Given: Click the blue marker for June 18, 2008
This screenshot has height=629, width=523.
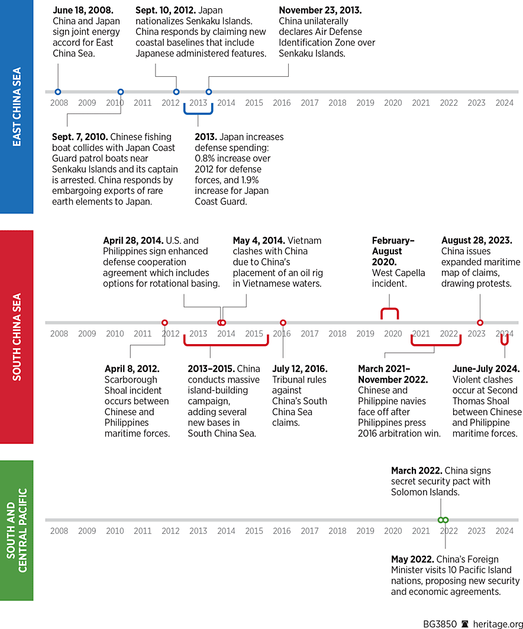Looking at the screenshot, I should pos(57,92).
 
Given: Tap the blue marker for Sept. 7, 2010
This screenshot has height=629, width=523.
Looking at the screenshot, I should pos(121,92).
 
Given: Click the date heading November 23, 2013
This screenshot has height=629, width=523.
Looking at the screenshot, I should pos(320,11).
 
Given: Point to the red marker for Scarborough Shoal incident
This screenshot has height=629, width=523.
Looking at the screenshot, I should pos(164,323).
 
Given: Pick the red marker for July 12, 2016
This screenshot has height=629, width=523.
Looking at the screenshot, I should pos(283,323).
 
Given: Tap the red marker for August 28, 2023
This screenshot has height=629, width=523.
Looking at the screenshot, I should pos(480,323).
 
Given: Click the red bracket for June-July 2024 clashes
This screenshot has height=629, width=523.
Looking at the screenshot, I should pos(505,341).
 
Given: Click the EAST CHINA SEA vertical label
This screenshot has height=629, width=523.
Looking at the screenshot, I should pos(17,107).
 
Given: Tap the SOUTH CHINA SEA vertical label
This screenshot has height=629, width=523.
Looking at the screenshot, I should pos(17,337).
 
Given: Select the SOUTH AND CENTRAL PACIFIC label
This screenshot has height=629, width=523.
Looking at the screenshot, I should pos(17,530).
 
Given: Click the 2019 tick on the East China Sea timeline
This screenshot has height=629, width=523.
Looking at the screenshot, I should pos(365,103).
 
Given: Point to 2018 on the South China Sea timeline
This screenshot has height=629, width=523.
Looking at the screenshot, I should pos(337,333).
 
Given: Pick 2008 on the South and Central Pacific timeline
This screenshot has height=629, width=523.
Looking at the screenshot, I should pos(59,531).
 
